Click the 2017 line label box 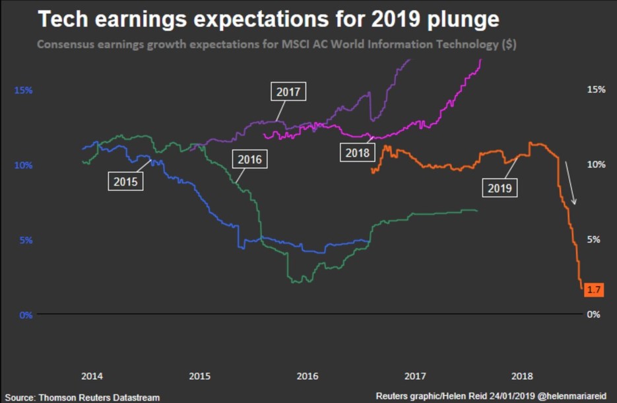(288, 92)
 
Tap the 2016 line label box (249, 159)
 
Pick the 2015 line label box (125, 180)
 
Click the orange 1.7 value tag (594, 289)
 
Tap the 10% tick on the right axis (596, 164)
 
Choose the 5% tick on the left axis (25, 240)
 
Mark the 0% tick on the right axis (594, 314)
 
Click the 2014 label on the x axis (92, 376)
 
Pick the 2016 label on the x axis (308, 376)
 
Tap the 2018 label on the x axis (523, 376)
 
